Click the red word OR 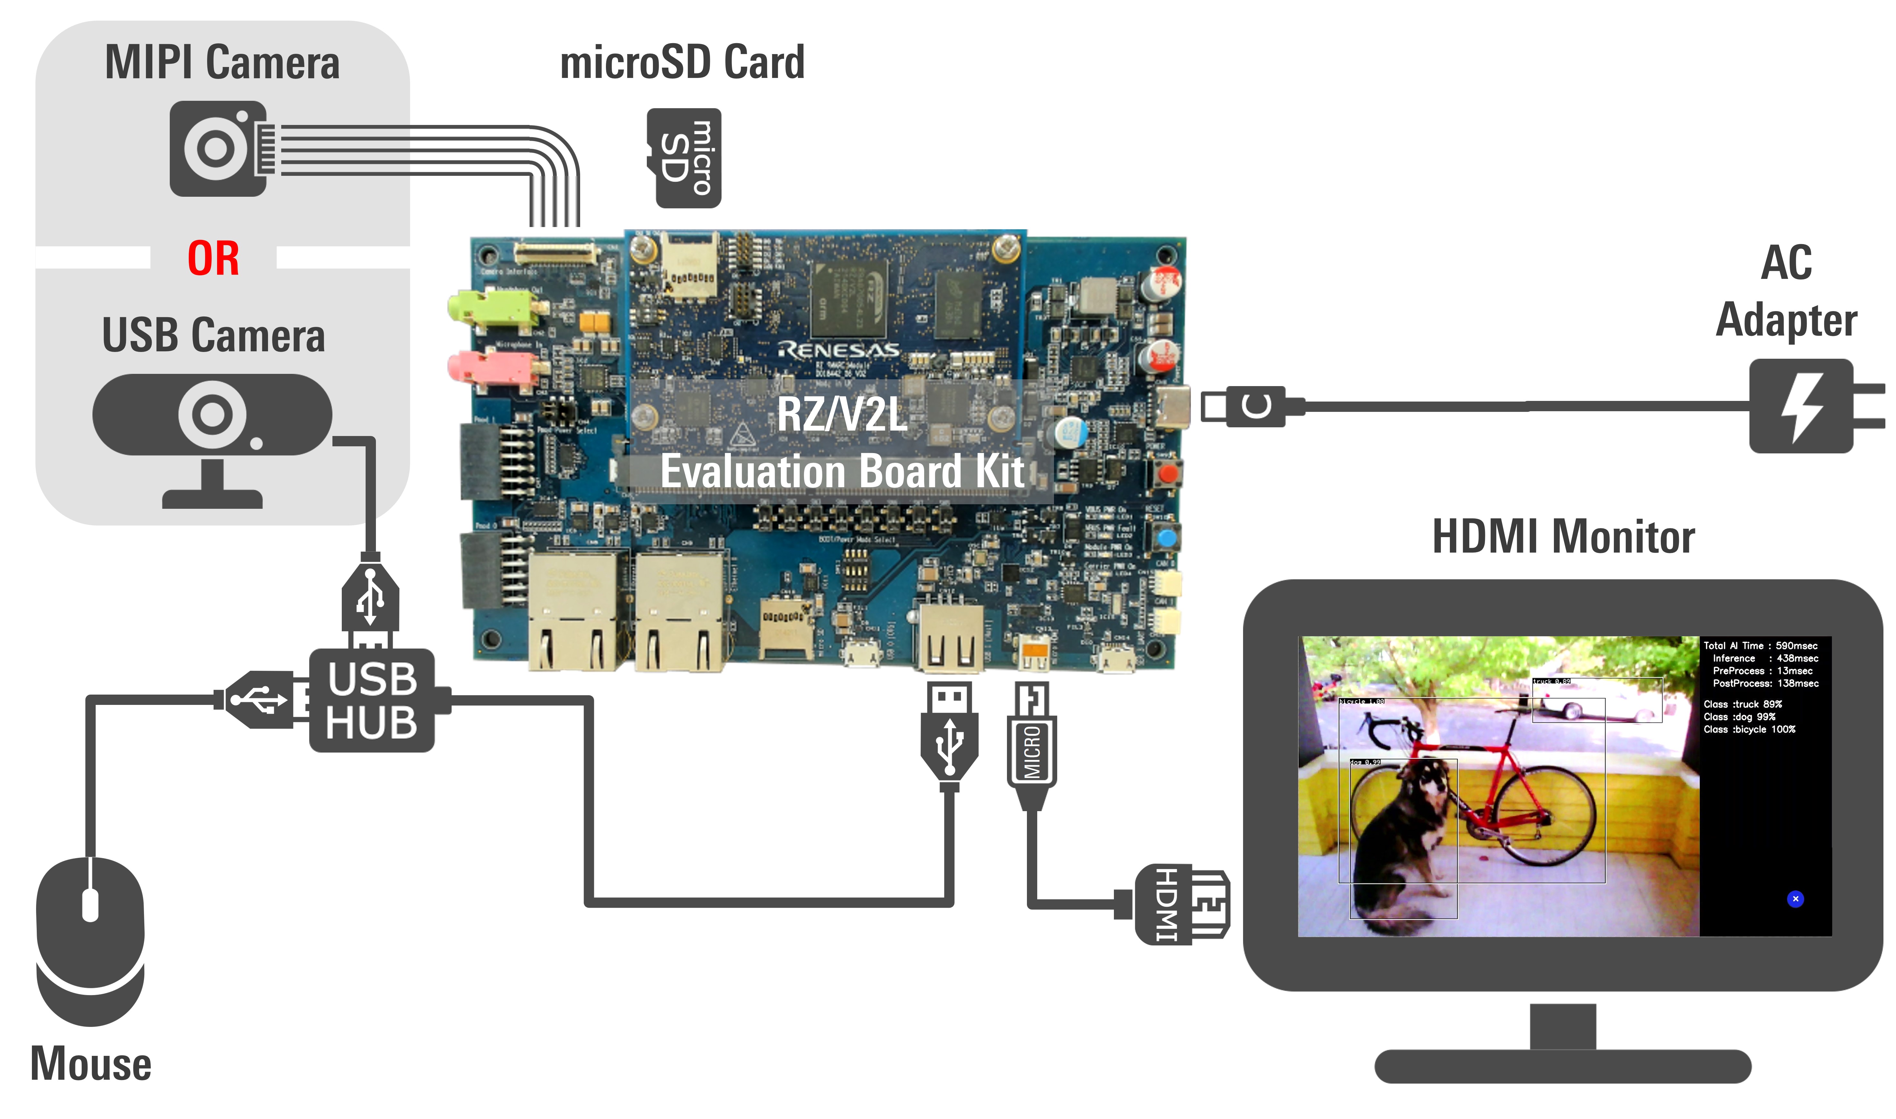pyautogui.click(x=214, y=259)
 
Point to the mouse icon pyautogui.click(x=91, y=943)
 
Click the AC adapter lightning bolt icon pyautogui.click(x=1803, y=407)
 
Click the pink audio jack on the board pyautogui.click(x=494, y=367)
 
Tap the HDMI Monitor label pyautogui.click(x=1563, y=538)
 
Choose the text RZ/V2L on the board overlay pyautogui.click(x=842, y=415)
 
